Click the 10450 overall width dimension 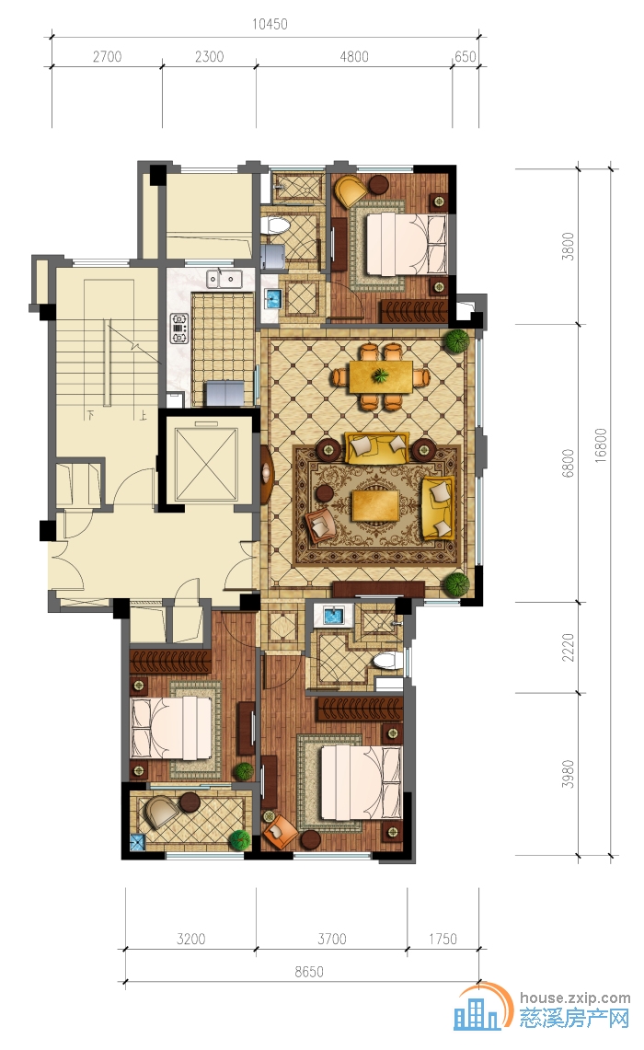(270, 24)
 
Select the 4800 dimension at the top (353, 56)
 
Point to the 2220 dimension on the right (568, 647)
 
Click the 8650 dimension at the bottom (308, 971)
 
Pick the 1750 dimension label (443, 939)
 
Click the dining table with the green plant (380, 376)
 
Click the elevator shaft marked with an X (206, 463)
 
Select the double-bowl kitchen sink (224, 278)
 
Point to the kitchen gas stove (179, 328)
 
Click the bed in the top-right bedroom (406, 245)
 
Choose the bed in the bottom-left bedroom (172, 729)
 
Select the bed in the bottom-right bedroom (362, 783)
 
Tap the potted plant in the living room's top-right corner (458, 340)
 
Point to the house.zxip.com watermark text (575, 998)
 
